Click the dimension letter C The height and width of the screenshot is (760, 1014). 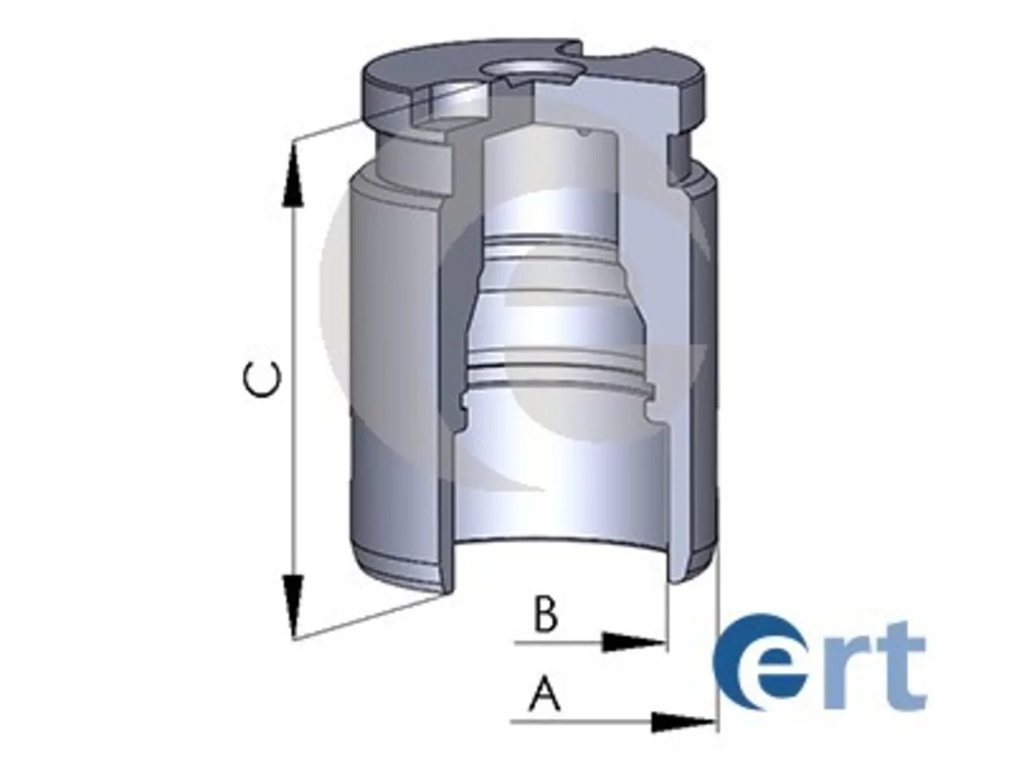pos(262,379)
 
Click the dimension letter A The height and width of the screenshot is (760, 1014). pos(545,695)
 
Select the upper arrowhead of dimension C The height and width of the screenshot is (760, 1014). pos(293,175)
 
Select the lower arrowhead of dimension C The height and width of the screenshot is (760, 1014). pos(293,605)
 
